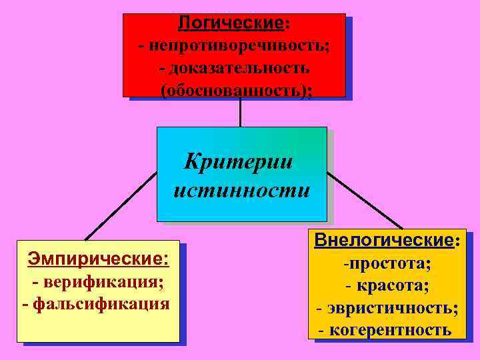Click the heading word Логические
tap(231, 23)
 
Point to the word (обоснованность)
tap(234, 90)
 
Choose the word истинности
tap(241, 191)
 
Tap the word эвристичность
tap(391, 309)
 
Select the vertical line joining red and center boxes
tap(240, 112)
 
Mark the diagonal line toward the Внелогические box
tap(365, 201)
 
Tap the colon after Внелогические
tap(457, 241)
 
